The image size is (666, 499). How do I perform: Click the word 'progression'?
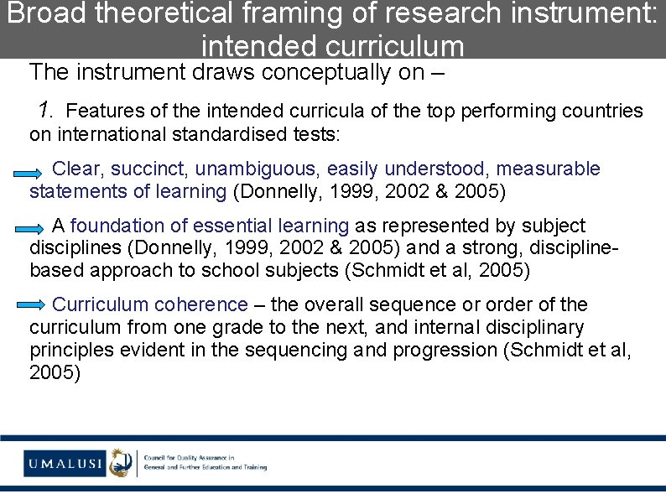pyautogui.click(x=445, y=350)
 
